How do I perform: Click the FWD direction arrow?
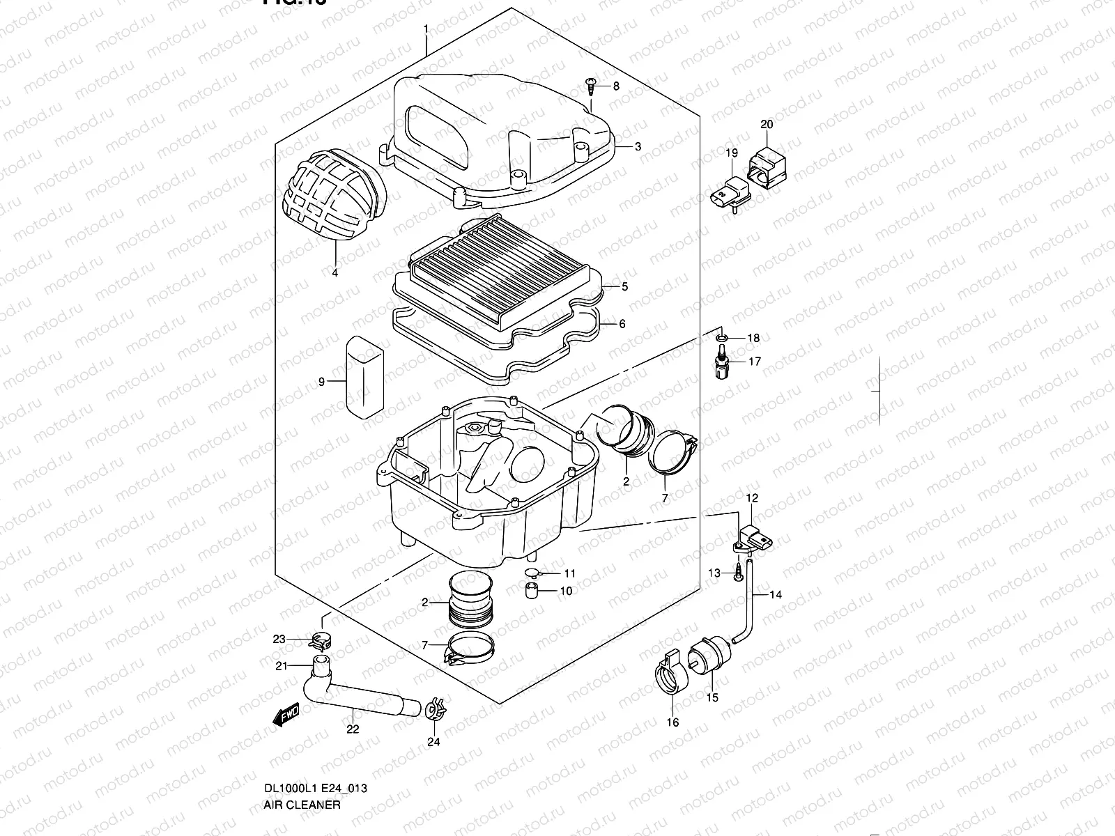point(285,715)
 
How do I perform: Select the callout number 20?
point(767,125)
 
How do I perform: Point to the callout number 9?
point(322,381)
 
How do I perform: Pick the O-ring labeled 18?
point(722,339)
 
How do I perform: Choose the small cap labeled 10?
point(533,592)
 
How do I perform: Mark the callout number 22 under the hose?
point(353,729)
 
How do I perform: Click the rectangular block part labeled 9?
point(364,376)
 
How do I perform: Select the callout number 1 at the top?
point(425,29)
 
